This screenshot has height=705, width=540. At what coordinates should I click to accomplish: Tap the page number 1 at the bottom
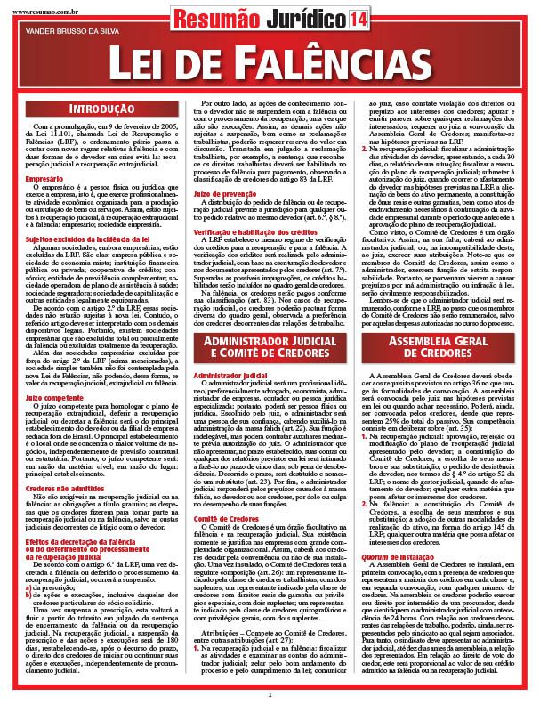point(269,694)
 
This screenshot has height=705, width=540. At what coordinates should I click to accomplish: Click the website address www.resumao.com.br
point(40,4)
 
